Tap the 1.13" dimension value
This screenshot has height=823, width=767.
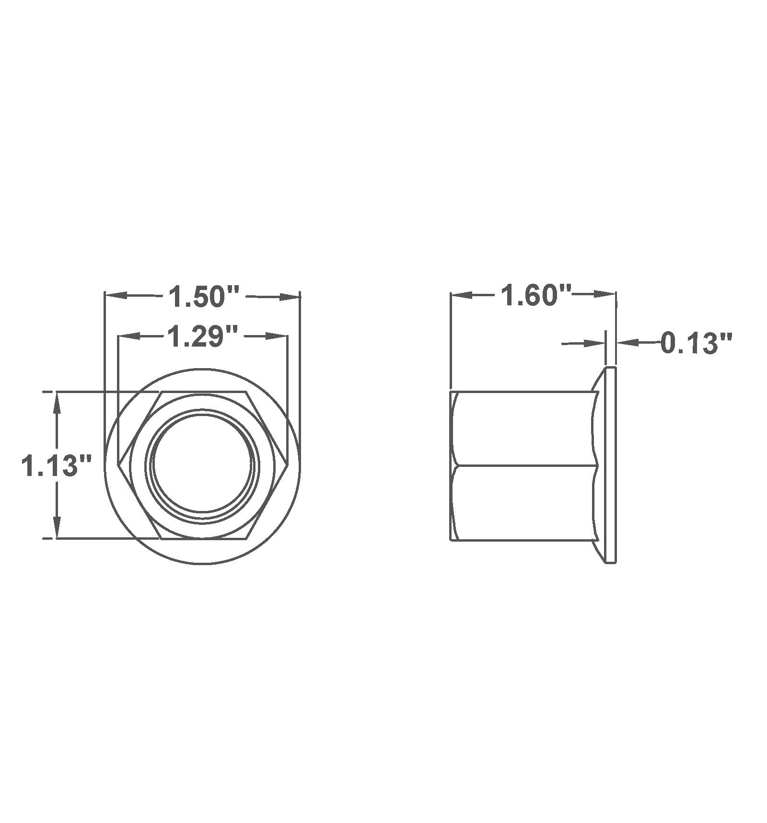(56, 465)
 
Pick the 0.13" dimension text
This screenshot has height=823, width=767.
(696, 343)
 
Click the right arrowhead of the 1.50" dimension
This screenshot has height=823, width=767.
(289, 297)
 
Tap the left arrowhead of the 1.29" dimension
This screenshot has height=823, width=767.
(129, 336)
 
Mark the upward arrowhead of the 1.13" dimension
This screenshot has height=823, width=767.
(57, 403)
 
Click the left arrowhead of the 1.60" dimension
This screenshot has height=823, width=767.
(462, 295)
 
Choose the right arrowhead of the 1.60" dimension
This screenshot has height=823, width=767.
(604, 295)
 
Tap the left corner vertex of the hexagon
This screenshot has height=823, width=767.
(118, 464)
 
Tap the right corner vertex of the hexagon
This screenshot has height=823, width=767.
(288, 464)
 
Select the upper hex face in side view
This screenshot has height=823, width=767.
(525, 428)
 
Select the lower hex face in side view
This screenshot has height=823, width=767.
(525, 502)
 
